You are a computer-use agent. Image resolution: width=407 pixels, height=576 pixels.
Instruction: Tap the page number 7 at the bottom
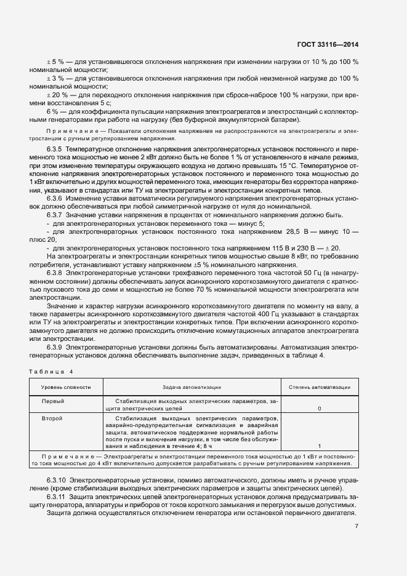point(357,526)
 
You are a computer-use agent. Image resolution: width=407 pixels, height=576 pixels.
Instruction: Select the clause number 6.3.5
point(55,150)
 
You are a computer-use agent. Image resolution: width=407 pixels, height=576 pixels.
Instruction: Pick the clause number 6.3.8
point(55,271)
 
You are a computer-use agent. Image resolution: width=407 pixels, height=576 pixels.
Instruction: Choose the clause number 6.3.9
point(55,346)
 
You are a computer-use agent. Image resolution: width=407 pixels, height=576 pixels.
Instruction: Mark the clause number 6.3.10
point(57,479)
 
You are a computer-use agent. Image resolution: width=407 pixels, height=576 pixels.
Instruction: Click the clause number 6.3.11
point(57,496)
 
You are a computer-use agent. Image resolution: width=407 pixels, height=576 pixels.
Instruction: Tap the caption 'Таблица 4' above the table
point(51,372)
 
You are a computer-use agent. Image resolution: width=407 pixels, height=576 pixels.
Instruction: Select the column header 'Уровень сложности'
point(66,387)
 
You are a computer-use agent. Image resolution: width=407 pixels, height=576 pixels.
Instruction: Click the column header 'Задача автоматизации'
point(191,387)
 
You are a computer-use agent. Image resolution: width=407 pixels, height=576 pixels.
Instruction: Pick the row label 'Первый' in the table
point(52,401)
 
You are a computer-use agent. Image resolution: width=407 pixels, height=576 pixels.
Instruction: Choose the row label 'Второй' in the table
point(52,418)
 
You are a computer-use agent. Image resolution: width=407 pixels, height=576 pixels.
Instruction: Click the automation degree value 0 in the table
point(319,409)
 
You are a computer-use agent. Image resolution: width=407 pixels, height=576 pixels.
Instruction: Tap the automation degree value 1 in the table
point(319,446)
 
